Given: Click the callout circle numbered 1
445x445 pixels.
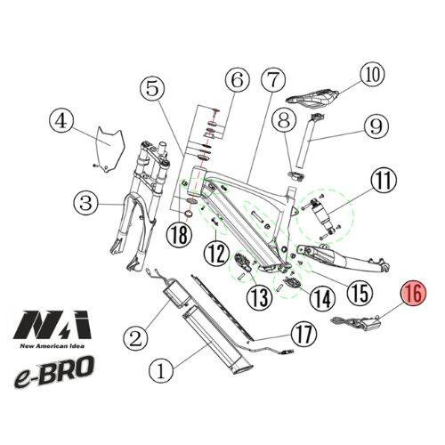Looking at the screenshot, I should coord(162,365).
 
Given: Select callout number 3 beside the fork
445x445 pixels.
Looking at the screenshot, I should coord(85,204).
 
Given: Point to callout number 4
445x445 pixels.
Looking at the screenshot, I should coord(61,120).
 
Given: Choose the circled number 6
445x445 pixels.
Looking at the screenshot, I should coord(236,81).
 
